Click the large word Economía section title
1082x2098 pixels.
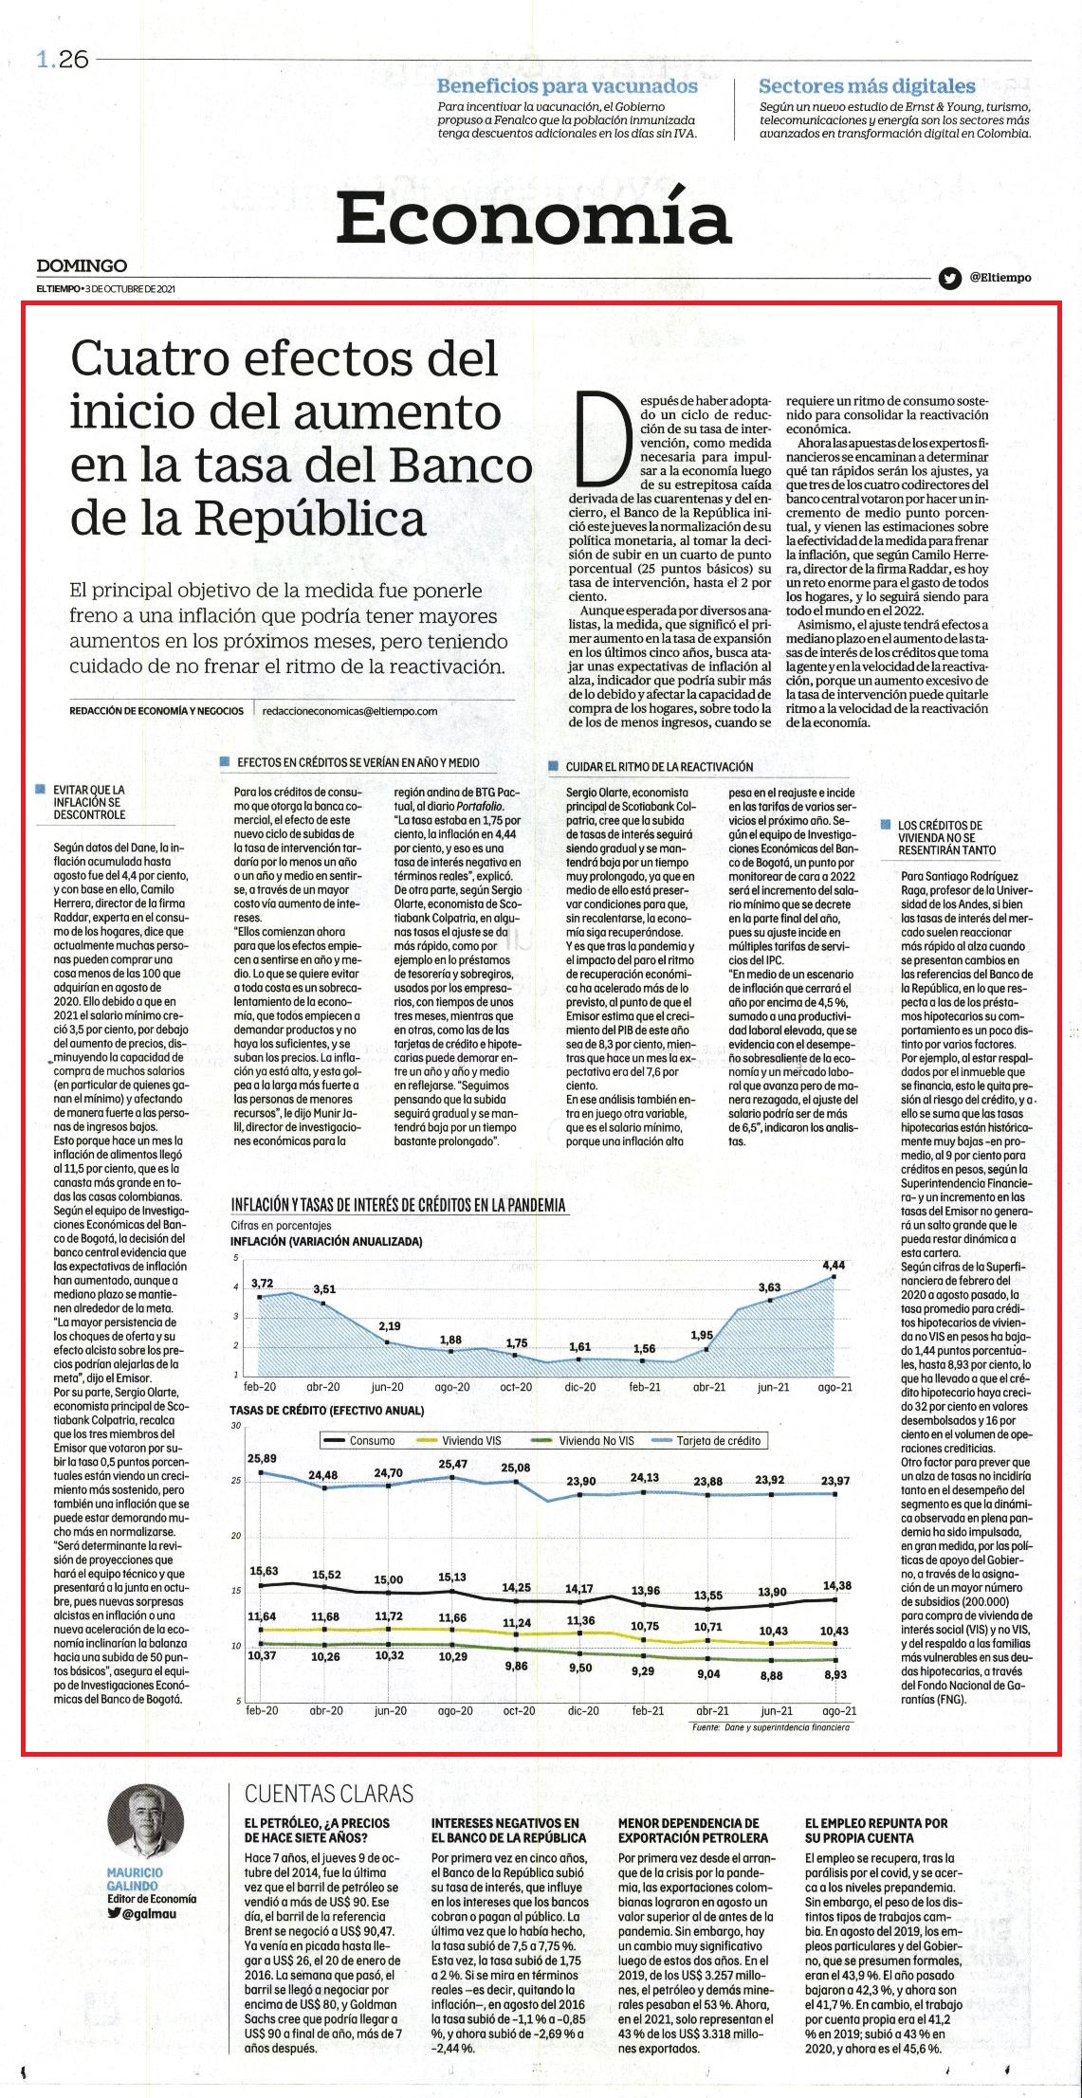tap(534, 218)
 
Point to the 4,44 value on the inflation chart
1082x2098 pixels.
tap(834, 1265)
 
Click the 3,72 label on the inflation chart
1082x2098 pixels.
tap(262, 1284)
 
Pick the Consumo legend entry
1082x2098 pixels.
tap(359, 1441)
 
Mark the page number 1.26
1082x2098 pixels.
tap(63, 59)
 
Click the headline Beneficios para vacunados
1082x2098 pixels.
tap(567, 86)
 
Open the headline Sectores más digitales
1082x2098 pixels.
tap(867, 86)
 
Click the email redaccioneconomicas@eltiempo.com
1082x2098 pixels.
tap(349, 710)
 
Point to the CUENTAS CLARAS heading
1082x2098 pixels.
tap(329, 1793)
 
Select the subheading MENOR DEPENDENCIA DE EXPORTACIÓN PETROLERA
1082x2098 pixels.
tap(688, 1830)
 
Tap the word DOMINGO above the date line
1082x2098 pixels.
tap(82, 266)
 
